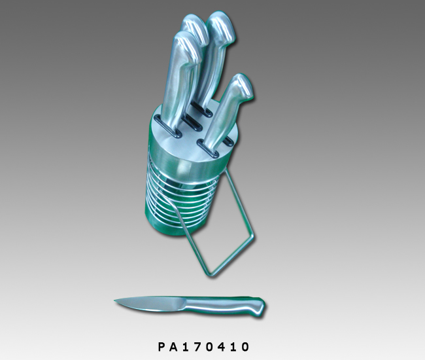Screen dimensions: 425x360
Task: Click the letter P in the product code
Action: click(161, 347)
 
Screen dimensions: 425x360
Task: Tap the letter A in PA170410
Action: click(173, 347)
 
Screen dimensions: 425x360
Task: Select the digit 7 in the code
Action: click(197, 347)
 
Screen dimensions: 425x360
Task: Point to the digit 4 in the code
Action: click(222, 347)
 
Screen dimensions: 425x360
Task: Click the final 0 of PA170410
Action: click(245, 347)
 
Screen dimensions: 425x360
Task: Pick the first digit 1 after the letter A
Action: click(186, 347)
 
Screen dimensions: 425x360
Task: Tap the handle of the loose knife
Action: click(225, 305)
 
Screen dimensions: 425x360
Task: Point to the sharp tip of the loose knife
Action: click(114, 300)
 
